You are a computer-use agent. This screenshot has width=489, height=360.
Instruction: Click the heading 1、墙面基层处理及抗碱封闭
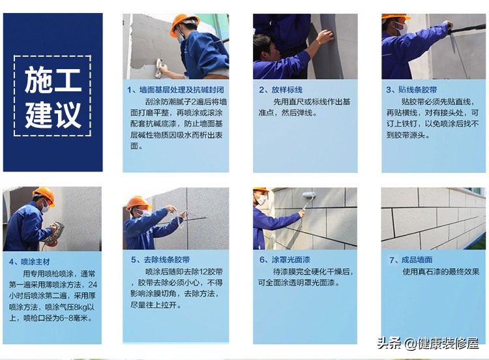pyautogui.click(x=174, y=89)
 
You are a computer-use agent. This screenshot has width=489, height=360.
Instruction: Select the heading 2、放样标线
pyautogui.click(x=281, y=89)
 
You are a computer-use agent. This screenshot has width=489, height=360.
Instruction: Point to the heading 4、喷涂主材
pyautogui.click(x=27, y=262)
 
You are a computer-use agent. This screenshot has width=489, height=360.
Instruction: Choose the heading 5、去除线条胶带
pyautogui.click(x=159, y=260)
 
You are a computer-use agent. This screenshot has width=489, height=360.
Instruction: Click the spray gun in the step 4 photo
pyautogui.click(x=54, y=233)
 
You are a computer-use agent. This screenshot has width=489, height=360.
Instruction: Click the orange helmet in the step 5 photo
pyautogui.click(x=138, y=202)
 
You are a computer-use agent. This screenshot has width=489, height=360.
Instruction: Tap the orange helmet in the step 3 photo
pyautogui.click(x=395, y=17)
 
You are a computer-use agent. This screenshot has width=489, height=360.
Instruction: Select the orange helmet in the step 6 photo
pyautogui.click(x=261, y=190)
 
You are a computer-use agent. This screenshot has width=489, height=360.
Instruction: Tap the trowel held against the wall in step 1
pyautogui.click(x=158, y=67)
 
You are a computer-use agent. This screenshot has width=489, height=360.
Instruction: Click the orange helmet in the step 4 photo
pyautogui.click(x=44, y=194)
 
